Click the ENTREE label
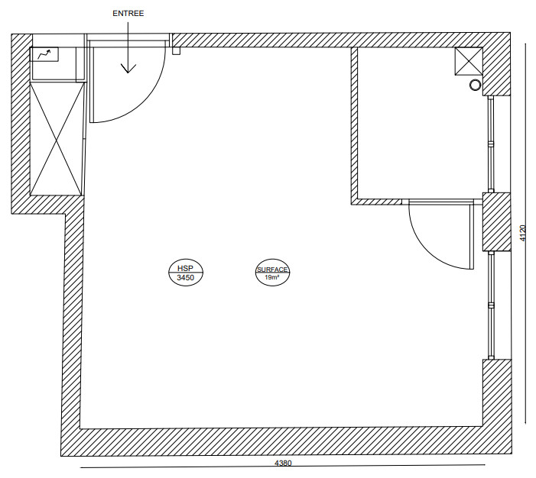coord(128,13)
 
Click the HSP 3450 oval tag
coord(186,272)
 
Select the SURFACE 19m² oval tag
coord(272,273)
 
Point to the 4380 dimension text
coord(283,463)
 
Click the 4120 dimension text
coord(523,233)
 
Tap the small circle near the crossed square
coord(475,85)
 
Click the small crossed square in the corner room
coord(468,61)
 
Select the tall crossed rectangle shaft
coord(57,139)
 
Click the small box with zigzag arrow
coord(44,54)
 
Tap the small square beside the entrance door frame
coord(176,50)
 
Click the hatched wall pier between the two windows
coord(496,222)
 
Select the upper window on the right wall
coord(491,144)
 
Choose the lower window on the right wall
coord(491,305)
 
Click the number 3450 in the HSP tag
coord(186,278)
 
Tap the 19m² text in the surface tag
coord(272,278)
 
